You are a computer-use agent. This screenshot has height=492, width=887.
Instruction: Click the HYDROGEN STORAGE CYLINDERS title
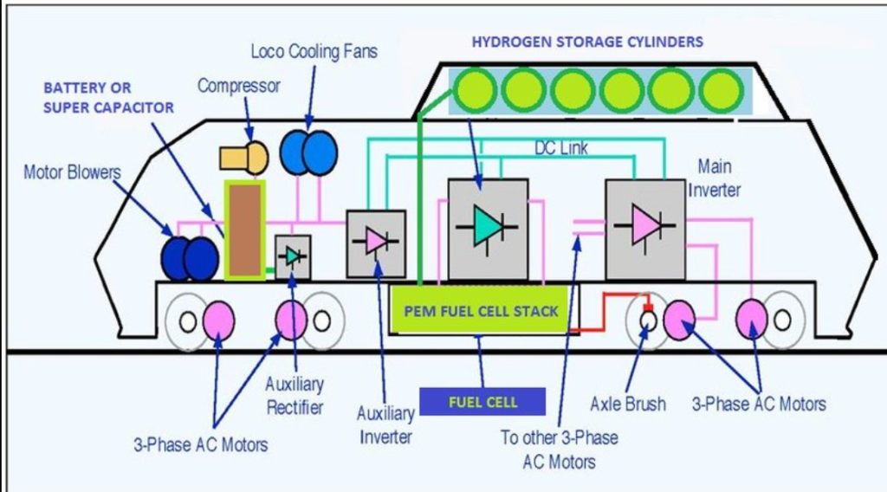point(586,42)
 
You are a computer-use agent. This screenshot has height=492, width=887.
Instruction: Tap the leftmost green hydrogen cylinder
point(473,90)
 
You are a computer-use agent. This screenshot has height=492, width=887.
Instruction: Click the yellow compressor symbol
point(243,158)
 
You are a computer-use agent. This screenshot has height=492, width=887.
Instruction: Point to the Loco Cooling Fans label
point(314,51)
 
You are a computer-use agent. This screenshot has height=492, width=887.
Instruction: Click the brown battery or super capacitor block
point(244,230)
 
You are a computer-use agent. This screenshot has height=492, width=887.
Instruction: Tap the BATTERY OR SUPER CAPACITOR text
point(107,98)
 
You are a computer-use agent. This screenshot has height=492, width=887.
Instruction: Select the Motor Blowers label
point(72,172)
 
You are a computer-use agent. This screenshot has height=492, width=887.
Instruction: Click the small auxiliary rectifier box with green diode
point(293,256)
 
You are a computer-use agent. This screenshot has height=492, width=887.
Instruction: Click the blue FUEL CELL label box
point(482,402)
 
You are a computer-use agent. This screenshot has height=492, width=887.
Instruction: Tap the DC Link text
point(560,149)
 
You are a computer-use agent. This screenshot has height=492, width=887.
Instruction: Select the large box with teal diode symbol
point(488,229)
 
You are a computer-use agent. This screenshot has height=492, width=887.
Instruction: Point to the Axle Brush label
point(628,404)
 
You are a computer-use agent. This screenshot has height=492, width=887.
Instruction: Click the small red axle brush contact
point(646,307)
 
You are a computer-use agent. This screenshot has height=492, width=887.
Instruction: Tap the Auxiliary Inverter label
point(385,424)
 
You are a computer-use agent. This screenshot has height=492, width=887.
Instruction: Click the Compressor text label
point(238,86)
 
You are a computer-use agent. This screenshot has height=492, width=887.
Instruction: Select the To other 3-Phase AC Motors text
point(560,449)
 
